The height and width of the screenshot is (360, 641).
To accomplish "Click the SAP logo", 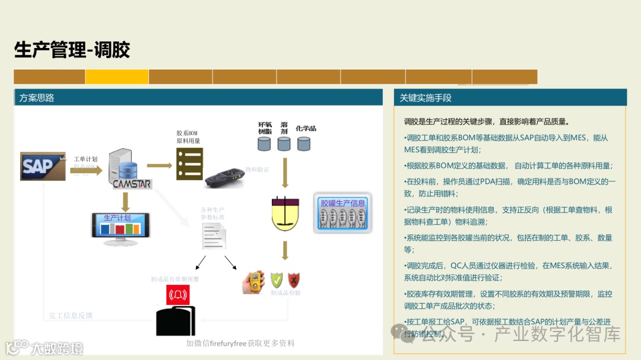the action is (42, 167).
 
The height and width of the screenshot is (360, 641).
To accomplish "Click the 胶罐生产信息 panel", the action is (342, 212).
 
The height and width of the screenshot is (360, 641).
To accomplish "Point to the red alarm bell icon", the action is (177, 295).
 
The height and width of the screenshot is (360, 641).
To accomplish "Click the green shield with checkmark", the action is (277, 281).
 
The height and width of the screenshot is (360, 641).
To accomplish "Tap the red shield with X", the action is (294, 280).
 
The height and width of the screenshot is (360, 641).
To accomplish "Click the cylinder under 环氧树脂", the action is (264, 144).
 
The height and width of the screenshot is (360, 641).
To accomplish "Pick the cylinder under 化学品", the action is (304, 144).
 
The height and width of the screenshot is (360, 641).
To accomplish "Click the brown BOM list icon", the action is (189, 164).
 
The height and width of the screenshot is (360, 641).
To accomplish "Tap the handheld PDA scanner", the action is (224, 177).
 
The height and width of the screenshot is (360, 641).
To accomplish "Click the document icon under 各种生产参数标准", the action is (214, 235).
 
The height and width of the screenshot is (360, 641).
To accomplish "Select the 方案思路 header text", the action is (37, 98).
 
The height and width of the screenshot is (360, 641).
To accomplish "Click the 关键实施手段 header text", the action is (426, 98).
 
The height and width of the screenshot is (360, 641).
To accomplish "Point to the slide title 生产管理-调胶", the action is (72, 50).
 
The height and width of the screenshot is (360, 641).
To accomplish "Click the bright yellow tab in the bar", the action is (117, 77).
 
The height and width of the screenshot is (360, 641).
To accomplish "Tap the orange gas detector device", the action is (253, 282).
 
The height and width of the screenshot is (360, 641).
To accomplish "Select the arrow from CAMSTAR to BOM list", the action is (158, 165).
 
